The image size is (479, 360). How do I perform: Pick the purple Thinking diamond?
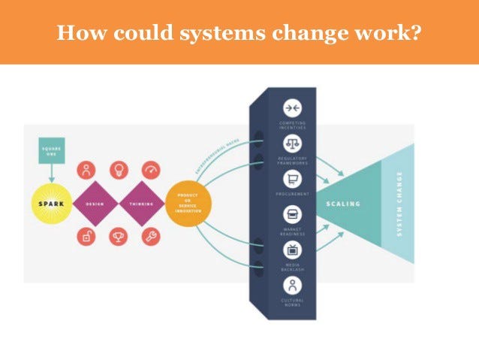tap(143, 203)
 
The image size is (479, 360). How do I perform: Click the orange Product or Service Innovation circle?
tap(188, 203)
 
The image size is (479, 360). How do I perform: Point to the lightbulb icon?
tap(119, 170)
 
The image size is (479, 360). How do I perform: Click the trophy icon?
tap(119, 237)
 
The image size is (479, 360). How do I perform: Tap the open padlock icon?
tap(86, 237)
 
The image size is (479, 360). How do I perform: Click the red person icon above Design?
tap(86, 170)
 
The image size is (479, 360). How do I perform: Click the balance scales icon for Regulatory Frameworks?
tap(292, 144)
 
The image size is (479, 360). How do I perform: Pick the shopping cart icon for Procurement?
tap(292, 180)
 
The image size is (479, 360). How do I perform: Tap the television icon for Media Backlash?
tap(292, 250)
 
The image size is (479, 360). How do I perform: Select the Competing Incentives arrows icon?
tap(292, 108)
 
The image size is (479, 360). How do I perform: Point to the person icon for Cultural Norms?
tap(292, 286)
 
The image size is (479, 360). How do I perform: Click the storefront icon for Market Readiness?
tap(292, 215)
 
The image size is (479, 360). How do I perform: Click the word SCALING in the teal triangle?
tap(342, 204)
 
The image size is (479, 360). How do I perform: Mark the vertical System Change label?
tap(399, 203)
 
